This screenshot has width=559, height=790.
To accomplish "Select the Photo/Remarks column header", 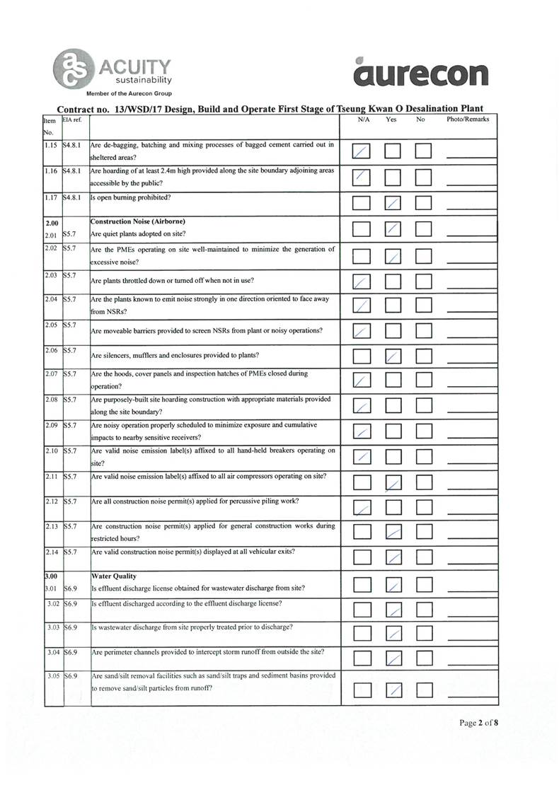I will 468,120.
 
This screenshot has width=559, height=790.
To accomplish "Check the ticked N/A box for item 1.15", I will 362,151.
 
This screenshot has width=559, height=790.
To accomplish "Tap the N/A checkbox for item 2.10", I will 362,458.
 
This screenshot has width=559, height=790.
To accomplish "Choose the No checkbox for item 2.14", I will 423,558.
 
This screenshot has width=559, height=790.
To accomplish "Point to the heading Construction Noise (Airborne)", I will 138,221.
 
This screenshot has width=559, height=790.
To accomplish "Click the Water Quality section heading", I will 115,576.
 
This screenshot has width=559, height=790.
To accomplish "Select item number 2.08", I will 50,400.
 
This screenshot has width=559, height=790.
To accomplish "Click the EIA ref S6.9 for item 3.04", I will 70,651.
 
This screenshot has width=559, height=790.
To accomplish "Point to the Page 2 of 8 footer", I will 479,723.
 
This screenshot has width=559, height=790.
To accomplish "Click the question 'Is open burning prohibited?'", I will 132,197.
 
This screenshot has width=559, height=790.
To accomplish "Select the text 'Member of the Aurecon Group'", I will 128,93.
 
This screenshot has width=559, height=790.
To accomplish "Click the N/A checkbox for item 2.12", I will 362,508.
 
